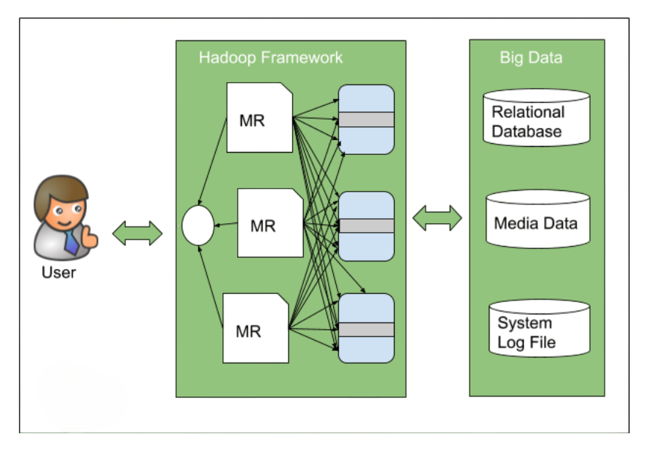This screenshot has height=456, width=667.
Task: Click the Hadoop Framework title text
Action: tap(271, 57)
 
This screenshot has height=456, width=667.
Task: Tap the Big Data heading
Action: tap(531, 57)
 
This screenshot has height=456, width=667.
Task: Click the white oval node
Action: tap(198, 225)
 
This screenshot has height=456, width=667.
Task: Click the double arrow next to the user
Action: tap(137, 234)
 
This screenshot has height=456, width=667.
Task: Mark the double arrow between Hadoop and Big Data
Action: tap(437, 218)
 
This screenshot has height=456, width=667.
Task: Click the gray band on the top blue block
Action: tap(366, 120)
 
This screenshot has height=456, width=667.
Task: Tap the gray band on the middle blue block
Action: tap(366, 225)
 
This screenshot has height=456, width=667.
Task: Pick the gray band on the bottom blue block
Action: tap(366, 330)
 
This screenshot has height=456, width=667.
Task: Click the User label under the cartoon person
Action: tap(59, 273)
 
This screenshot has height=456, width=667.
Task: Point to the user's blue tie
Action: tap(70, 241)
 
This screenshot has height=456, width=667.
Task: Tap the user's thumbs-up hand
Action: tap(89, 236)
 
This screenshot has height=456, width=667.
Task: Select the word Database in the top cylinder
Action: tap(526, 132)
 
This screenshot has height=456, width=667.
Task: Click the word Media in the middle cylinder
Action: tap(514, 223)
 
